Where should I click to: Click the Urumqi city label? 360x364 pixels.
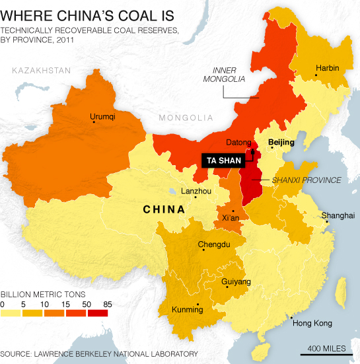102,117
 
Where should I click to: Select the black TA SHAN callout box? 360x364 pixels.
223,159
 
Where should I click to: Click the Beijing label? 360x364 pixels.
280,142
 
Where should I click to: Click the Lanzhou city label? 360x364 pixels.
196,192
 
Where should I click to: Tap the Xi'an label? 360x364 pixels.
231,217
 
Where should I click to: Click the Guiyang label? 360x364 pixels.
235,282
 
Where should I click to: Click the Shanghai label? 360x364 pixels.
338,215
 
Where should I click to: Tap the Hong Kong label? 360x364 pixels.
310,324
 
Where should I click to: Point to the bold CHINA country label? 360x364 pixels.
164,210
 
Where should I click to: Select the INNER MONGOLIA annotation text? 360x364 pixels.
227,75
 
